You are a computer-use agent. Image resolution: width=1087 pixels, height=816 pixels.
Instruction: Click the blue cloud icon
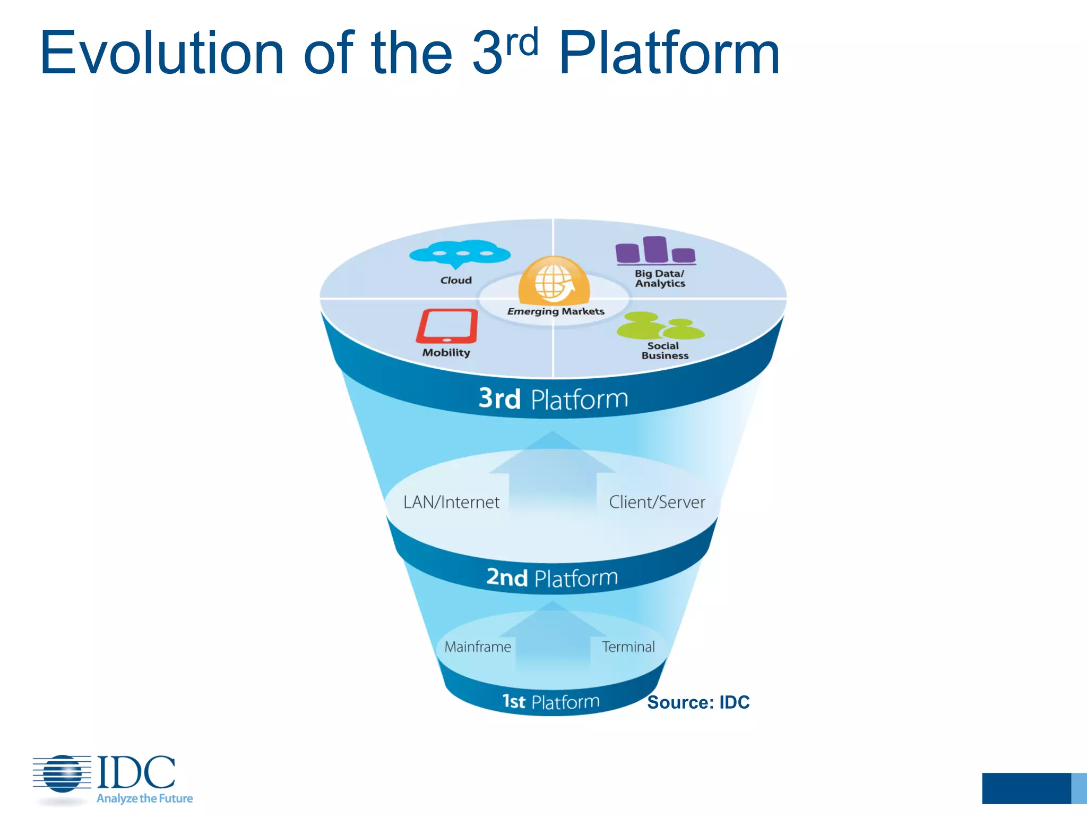[x=460, y=254]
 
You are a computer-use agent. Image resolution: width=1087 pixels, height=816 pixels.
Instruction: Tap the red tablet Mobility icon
[x=447, y=326]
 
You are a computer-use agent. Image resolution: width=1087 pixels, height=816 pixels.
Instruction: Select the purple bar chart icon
[x=655, y=250]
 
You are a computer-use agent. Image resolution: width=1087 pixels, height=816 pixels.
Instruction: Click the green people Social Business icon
[x=660, y=326]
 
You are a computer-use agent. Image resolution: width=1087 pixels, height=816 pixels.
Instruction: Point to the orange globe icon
[x=554, y=280]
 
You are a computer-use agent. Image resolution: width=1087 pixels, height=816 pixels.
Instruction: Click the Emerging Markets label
[x=556, y=311]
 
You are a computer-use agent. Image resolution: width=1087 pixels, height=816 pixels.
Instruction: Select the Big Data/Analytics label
[x=660, y=278]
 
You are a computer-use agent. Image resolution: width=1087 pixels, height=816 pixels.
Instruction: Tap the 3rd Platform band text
[x=553, y=399]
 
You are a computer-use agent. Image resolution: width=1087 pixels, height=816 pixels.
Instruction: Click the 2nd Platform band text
[x=552, y=577]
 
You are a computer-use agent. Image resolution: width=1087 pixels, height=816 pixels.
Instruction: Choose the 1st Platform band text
[x=551, y=702]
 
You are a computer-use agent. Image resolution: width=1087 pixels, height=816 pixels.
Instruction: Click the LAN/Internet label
[x=451, y=502]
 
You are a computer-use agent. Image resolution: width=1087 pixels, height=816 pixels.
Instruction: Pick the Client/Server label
[x=657, y=502]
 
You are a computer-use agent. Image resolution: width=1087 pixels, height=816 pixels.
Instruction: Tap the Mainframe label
[x=478, y=647]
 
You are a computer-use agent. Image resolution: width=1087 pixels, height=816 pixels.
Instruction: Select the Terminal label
[x=628, y=647]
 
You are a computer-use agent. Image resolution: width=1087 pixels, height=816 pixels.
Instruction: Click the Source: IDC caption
[x=698, y=702]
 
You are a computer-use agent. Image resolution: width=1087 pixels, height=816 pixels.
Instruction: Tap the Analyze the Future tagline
[x=144, y=798]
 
